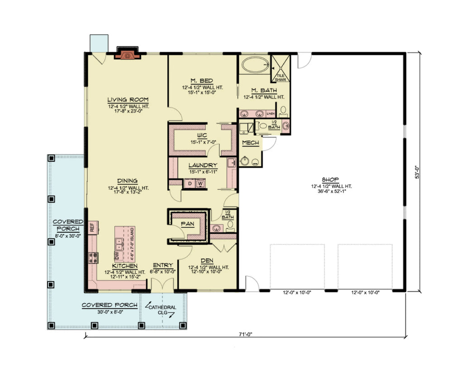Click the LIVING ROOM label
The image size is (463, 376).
[x=128, y=100]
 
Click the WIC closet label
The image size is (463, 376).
[x=202, y=135]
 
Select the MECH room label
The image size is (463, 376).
[x=250, y=143]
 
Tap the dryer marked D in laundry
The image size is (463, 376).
[x=189, y=184]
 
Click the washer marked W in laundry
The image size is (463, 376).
[x=199, y=184]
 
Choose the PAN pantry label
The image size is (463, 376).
[x=188, y=224]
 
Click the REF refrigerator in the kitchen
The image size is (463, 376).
[x=91, y=227]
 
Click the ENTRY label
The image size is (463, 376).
[x=161, y=265]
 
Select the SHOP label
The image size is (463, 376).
[x=331, y=179]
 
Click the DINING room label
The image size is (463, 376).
[x=128, y=180]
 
